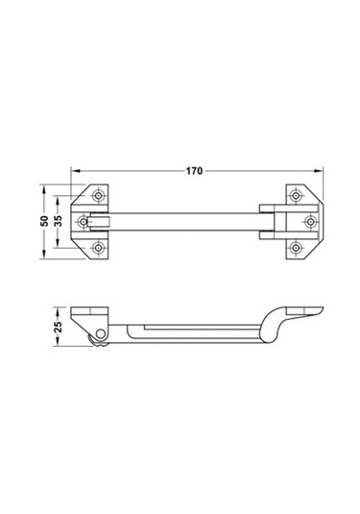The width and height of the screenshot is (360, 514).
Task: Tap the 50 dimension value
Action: point(43,222)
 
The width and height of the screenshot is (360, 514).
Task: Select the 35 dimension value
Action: point(60,222)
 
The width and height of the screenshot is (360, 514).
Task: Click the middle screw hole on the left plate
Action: point(85,222)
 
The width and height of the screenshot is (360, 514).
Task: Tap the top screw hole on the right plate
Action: point(297,196)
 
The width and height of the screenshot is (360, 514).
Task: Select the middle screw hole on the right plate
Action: point(309,222)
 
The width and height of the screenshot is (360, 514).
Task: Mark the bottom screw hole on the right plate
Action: point(297,248)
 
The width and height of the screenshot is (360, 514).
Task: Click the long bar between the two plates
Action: point(192,222)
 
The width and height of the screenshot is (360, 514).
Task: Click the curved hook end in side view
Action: point(278,322)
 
